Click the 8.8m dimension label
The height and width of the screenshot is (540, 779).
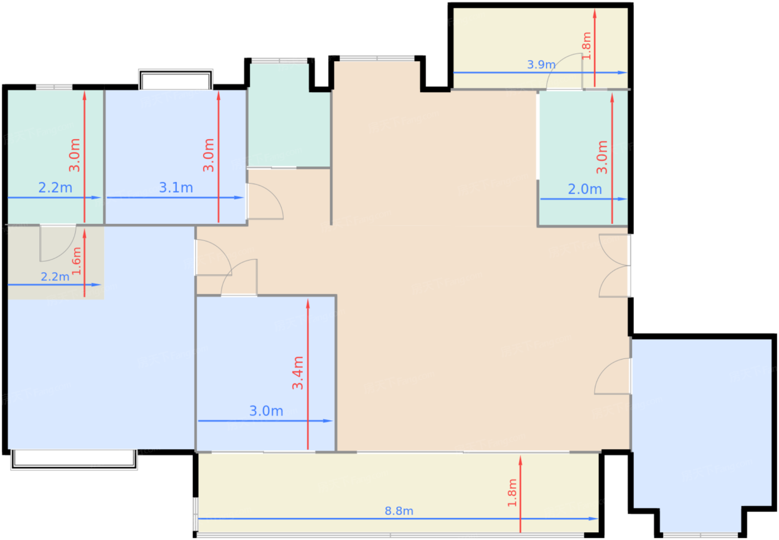coord(399,511)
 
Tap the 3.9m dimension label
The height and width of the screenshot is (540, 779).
coord(541,65)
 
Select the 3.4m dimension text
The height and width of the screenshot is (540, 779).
coord(298,372)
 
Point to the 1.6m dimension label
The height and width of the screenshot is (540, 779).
coord(76,261)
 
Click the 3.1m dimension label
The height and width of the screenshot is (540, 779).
coord(176,188)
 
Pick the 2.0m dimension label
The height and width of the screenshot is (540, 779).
coord(585,189)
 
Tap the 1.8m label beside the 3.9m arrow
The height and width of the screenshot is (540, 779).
coord(586,46)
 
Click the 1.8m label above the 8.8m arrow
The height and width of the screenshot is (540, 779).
coord(512,493)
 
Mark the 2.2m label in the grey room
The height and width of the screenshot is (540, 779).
coord(55,277)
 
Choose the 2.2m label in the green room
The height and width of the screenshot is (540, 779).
coord(55,188)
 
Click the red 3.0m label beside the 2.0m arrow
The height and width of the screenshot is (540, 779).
coord(602,157)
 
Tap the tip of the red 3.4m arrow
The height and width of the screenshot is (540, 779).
coord(308,298)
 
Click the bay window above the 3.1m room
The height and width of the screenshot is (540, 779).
coord(176,79)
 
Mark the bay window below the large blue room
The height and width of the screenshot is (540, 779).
coord(74,459)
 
